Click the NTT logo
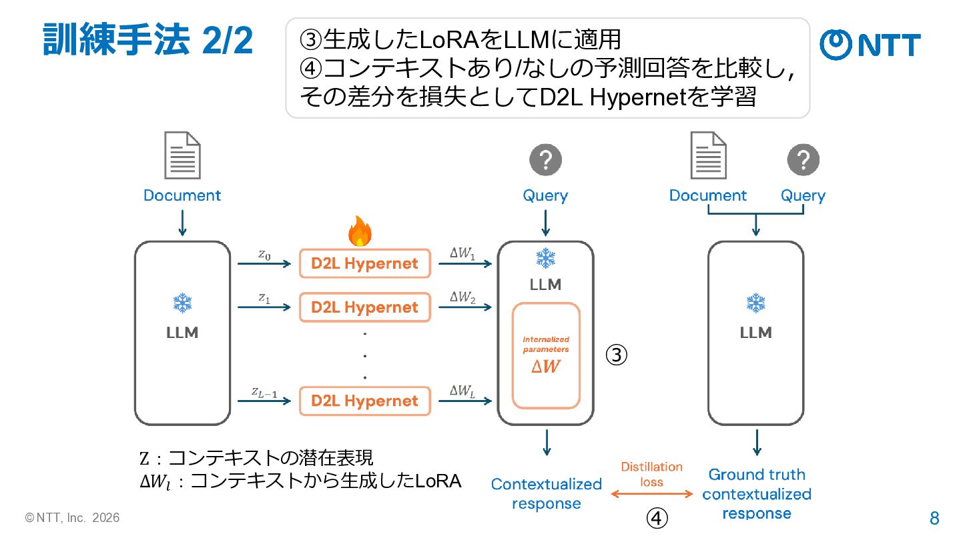pos(870,45)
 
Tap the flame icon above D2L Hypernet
pos(360,231)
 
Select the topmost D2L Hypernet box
pos(364,263)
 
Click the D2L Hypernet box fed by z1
pos(364,307)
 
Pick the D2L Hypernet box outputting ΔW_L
pos(364,401)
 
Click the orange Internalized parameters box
pos(546,356)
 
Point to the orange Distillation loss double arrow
pos(651,494)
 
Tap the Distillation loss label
pos(651,475)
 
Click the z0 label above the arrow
pos(264,255)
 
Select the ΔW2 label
pos(462,297)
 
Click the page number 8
pos(934,519)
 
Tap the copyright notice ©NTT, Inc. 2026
pos(72,518)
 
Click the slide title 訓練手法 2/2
pos(148,40)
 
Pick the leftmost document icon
pos(182,155)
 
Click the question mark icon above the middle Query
pos(545,160)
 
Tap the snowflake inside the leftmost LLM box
pos(182,303)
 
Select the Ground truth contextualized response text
pos(757,494)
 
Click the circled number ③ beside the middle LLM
pos(617,355)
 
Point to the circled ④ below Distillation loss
pos(657,518)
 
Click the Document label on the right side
pos(708,195)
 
